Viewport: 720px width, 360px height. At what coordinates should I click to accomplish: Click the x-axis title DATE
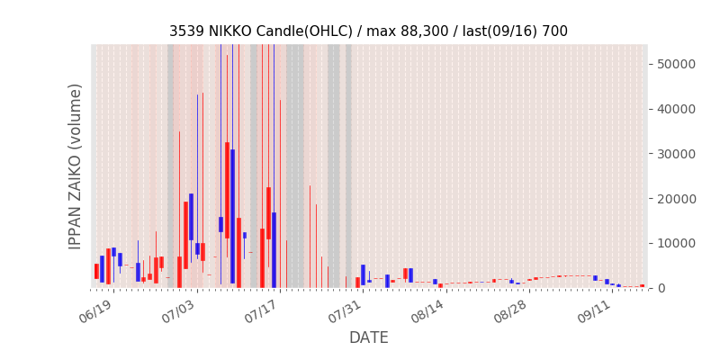click(x=369, y=337)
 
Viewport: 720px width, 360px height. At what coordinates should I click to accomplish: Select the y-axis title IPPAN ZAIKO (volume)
click(x=75, y=166)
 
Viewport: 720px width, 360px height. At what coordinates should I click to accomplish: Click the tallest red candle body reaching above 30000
click(x=228, y=190)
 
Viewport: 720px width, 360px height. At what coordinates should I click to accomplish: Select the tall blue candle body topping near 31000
click(x=233, y=216)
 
